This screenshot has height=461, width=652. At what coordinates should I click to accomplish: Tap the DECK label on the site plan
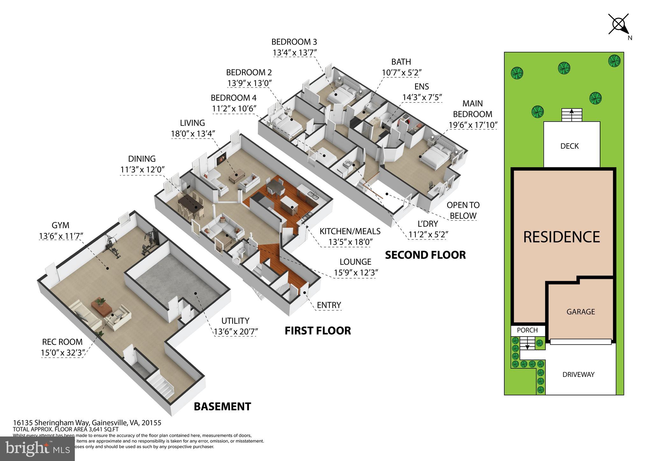pos(569,146)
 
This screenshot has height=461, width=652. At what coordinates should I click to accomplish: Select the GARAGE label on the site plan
pos(580,312)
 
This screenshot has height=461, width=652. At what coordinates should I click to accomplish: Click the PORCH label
pos(527,330)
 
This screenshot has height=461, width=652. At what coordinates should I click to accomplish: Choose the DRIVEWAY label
pos(578,374)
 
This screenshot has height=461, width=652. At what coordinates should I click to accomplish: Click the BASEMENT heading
pos(222,407)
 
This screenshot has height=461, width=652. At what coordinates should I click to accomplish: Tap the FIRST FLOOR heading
pos(317,331)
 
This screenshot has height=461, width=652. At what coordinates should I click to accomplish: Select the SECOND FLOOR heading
pos(425,255)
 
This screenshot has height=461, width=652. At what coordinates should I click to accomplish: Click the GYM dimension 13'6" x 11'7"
pos(61,236)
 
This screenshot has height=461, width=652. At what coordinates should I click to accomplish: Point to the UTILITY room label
pos(235,321)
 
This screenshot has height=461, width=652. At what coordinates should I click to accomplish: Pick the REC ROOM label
pos(62,342)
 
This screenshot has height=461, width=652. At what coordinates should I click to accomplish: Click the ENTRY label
pos(329,305)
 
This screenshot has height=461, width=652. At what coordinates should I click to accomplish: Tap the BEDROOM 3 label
pos(294,42)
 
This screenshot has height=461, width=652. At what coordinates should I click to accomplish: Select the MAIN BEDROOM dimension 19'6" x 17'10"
pos(473,125)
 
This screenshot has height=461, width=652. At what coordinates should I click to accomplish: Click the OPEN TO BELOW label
pos(463,210)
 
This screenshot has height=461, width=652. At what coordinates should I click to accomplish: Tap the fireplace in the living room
pos(221,158)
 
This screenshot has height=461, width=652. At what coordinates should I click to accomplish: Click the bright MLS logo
pos(38,449)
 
